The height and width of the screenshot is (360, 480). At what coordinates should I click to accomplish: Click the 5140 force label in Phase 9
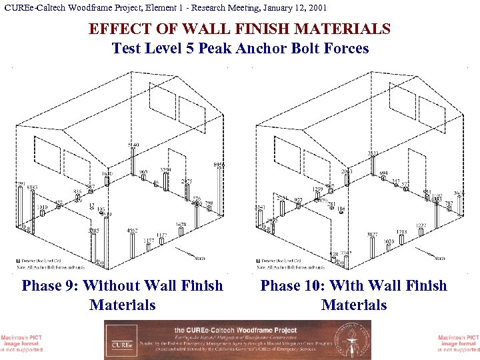pyautogui.click(x=133, y=145)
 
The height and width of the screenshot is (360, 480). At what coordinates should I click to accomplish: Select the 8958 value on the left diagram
pyautogui.click(x=219, y=165)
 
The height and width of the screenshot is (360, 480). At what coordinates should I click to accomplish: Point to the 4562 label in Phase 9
pyautogui.click(x=133, y=231)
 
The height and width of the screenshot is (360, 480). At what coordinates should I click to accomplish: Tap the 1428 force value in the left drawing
pyautogui.click(x=181, y=225)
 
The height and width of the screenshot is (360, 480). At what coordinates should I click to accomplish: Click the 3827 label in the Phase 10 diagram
pyautogui.click(x=372, y=235)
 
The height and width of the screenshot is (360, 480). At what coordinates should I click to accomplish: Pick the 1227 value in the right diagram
pyautogui.click(x=421, y=225)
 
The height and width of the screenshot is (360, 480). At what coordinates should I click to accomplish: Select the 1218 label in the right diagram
pyautogui.click(x=401, y=232)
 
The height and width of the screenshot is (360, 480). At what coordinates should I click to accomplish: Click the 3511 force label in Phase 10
pyautogui.click(x=374, y=154)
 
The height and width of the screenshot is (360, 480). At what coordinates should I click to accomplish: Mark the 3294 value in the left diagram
pyautogui.click(x=165, y=170)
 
